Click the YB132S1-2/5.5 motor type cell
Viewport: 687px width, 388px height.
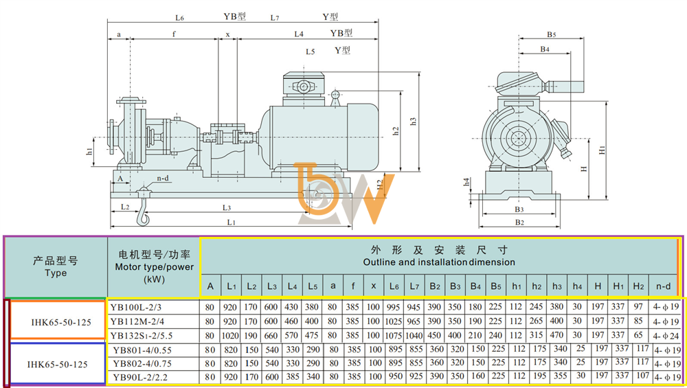(x=141, y=336)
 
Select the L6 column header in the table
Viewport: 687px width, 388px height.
(x=394, y=286)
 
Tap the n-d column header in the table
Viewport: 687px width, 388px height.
(x=663, y=286)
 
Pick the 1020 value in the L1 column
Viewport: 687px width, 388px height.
(x=230, y=336)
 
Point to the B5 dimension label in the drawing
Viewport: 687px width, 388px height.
(x=551, y=34)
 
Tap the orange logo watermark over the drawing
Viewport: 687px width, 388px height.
(x=344, y=193)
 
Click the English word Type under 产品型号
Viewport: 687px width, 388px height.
(x=56, y=273)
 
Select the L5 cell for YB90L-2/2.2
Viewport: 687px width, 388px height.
(x=313, y=376)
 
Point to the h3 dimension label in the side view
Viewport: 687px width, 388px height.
(x=413, y=122)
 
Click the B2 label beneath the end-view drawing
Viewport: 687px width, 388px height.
(x=519, y=222)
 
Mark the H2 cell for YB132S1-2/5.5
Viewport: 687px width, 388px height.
(x=638, y=335)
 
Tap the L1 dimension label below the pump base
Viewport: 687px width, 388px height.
(x=231, y=222)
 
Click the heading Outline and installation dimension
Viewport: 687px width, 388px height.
(x=439, y=262)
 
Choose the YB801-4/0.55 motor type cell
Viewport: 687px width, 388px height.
(x=142, y=350)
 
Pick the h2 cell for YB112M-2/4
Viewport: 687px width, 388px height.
(x=537, y=321)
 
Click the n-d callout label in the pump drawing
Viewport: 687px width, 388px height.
(x=163, y=179)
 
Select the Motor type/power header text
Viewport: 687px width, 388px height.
(x=154, y=266)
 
